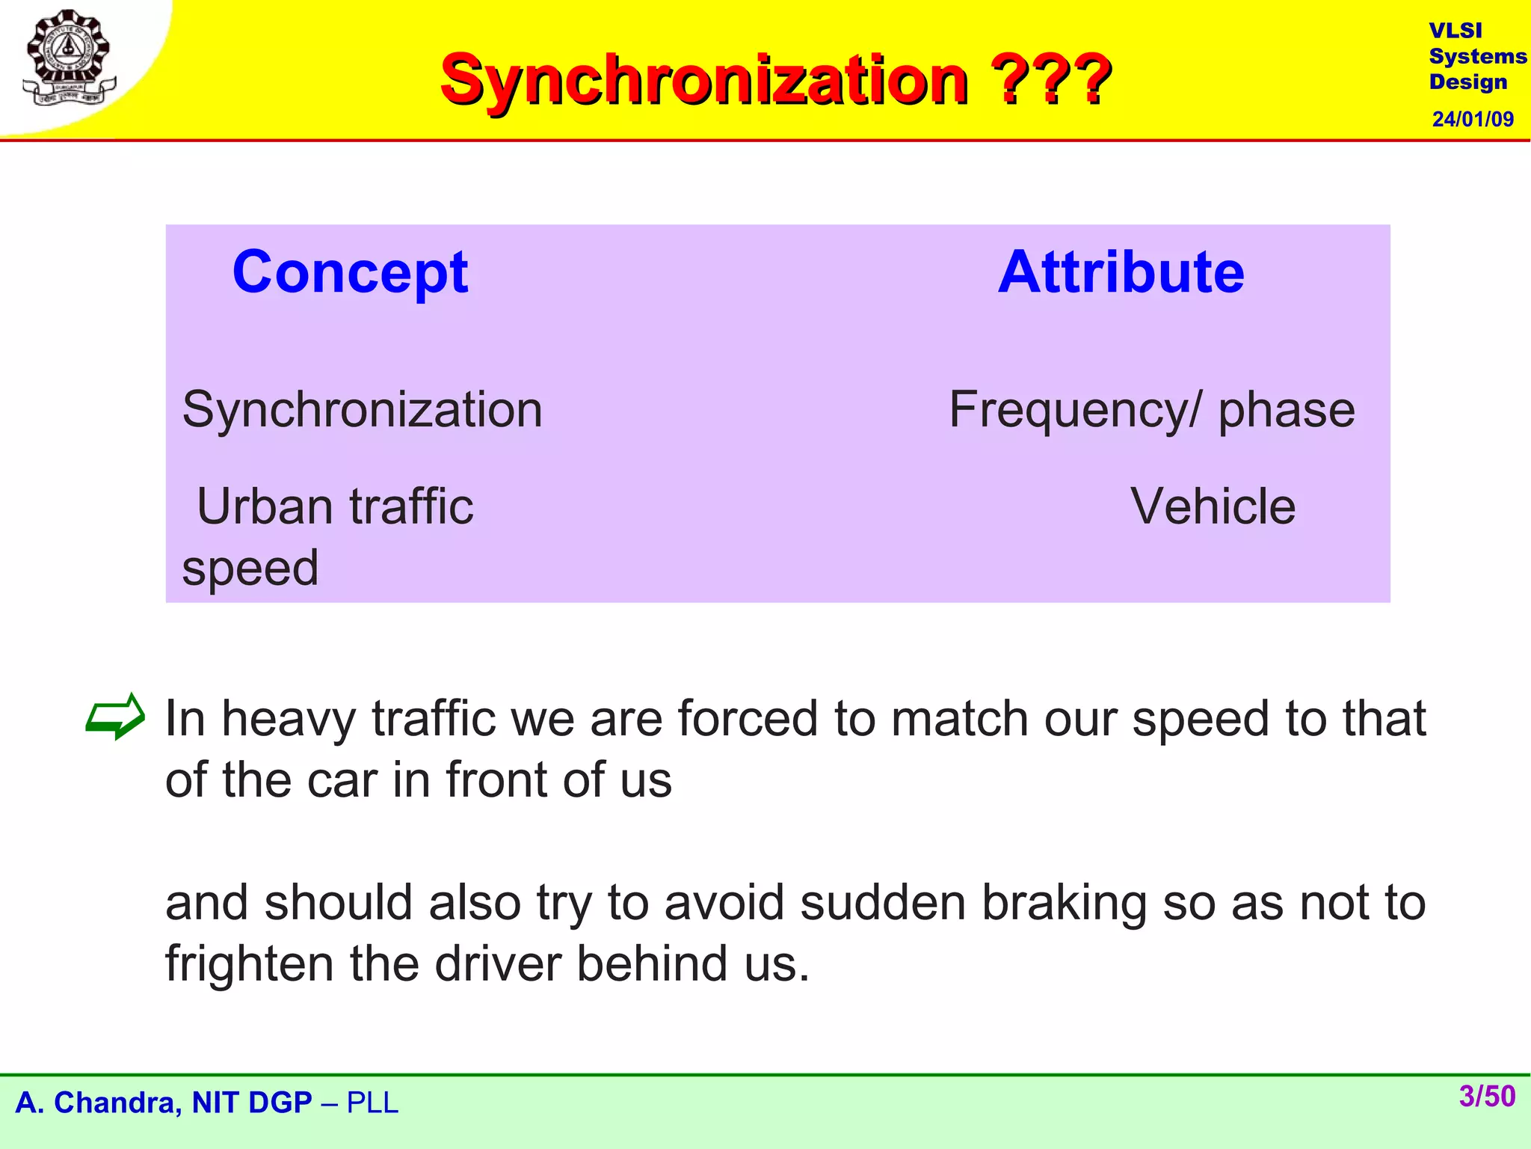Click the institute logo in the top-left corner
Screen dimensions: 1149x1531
click(69, 58)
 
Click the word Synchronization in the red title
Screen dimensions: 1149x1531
click(704, 80)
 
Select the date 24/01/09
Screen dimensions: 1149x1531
click(1472, 119)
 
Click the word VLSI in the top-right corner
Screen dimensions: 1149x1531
click(1455, 31)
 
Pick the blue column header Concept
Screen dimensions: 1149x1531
click(350, 272)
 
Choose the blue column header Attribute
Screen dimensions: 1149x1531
click(1121, 272)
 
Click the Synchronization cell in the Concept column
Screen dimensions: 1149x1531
click(362, 410)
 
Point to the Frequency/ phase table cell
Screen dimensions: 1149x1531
click(1151, 410)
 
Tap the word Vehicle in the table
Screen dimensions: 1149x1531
click(1212, 506)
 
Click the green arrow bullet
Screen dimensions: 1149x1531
click(114, 716)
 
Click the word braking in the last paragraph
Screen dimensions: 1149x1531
click(1064, 903)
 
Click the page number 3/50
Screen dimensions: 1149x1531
click(1487, 1097)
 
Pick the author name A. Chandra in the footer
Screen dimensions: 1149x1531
click(97, 1103)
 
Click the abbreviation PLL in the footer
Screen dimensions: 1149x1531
click(372, 1103)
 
